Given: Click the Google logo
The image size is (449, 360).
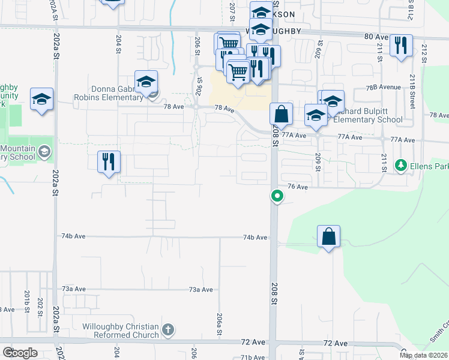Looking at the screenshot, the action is pyautogui.click(x=20, y=353).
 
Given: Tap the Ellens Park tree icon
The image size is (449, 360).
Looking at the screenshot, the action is pyautogui.click(x=400, y=164).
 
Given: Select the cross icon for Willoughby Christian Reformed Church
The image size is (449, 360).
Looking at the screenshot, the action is pyautogui.click(x=168, y=329).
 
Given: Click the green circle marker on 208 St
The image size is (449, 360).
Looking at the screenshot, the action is pyautogui.click(x=277, y=196).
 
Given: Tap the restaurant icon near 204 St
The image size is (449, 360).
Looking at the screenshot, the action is pyautogui.click(x=109, y=162).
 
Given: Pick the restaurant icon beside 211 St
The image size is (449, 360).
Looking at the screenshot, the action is pyautogui.click(x=400, y=46).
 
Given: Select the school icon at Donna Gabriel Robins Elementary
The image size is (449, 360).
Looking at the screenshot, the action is pyautogui.click(x=146, y=83).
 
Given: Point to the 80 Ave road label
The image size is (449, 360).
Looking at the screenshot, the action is pyautogui.click(x=378, y=37).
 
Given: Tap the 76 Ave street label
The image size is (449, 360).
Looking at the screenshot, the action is pyautogui.click(x=298, y=187).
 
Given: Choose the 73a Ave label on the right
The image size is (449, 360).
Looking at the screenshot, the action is pyautogui.click(x=200, y=290).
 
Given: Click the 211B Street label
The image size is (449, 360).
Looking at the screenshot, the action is pyautogui.click(x=413, y=91).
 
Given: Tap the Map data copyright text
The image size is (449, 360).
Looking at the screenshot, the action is pyautogui.click(x=424, y=355).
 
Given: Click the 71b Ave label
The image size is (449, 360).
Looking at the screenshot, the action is pyautogui.click(x=253, y=357).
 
